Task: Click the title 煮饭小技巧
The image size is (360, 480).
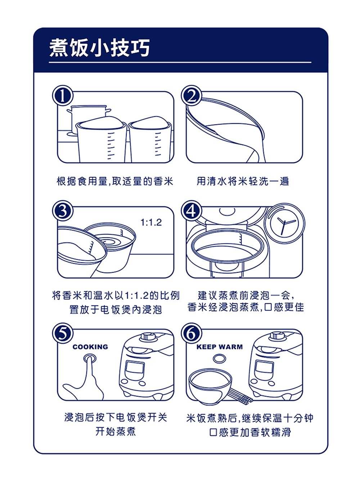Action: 99,47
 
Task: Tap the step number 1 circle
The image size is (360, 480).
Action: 63,96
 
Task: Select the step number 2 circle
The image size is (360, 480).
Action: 192,96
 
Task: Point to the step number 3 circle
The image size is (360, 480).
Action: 63,211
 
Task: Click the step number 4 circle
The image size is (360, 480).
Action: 192,211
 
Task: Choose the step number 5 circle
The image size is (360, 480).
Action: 63,333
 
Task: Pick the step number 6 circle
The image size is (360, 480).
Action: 192,333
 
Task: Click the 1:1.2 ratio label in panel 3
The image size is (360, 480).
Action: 151,223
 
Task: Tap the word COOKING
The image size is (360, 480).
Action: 90,347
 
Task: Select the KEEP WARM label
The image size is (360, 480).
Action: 219,347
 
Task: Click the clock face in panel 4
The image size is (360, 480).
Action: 284,223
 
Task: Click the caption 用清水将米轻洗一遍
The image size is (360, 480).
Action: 243,181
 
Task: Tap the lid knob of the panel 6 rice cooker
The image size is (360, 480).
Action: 277,335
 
